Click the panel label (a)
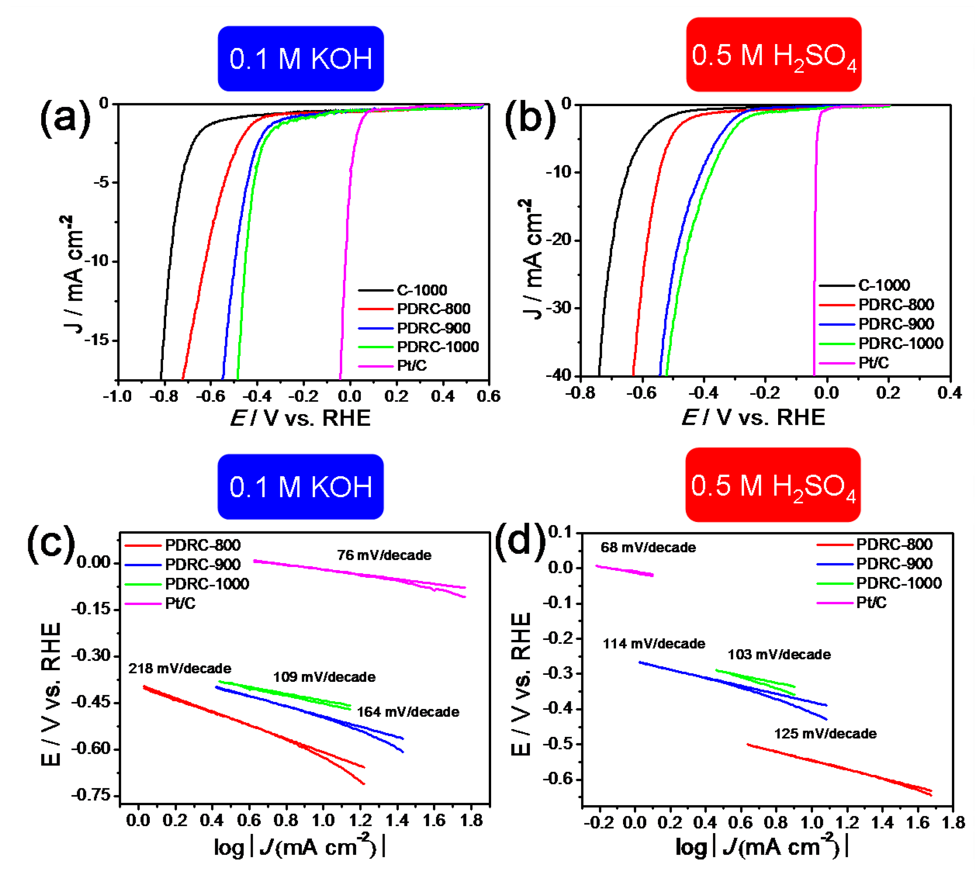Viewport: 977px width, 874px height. click(x=65, y=118)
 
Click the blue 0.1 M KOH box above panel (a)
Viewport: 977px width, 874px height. click(x=301, y=59)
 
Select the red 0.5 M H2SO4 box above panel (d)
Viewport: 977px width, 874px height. click(x=773, y=485)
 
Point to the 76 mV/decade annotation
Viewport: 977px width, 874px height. click(x=384, y=555)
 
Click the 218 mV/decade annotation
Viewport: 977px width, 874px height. click(x=180, y=668)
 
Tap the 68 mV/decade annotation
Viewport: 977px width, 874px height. click(x=648, y=548)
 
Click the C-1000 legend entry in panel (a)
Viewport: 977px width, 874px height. click(x=421, y=290)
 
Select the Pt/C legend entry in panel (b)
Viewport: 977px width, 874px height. click(x=873, y=362)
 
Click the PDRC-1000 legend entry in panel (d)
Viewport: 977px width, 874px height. click(x=899, y=583)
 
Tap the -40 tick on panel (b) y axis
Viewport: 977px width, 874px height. click(x=558, y=375)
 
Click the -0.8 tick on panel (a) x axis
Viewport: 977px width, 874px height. click(x=164, y=396)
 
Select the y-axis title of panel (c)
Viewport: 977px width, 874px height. click(x=51, y=693)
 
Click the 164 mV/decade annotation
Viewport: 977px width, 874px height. click(x=408, y=712)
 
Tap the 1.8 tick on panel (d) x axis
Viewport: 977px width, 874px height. click(x=953, y=823)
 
